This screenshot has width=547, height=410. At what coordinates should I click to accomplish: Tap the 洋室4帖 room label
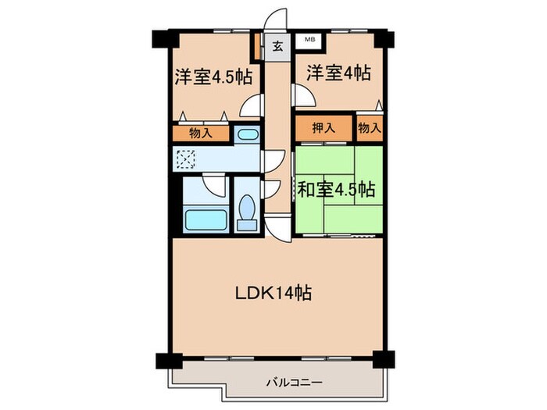tap(338, 74)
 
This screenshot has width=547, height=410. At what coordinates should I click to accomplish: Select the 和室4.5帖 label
tap(336, 189)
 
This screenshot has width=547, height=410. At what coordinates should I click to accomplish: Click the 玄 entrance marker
tap(277, 45)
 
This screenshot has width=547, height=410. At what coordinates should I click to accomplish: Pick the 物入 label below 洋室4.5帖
tap(201, 133)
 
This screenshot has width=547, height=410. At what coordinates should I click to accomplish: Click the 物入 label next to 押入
tap(370, 127)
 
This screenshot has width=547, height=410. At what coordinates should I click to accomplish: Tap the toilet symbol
tap(248, 209)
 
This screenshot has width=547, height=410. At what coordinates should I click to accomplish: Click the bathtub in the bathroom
tap(206, 218)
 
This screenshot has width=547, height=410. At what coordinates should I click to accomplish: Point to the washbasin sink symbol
tap(246, 134)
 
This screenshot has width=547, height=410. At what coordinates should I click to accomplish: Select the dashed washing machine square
tap(188, 160)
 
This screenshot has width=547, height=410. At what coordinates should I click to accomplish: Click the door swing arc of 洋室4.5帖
tap(252, 105)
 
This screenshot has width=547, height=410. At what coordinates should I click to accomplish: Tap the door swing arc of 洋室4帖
tap(302, 95)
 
